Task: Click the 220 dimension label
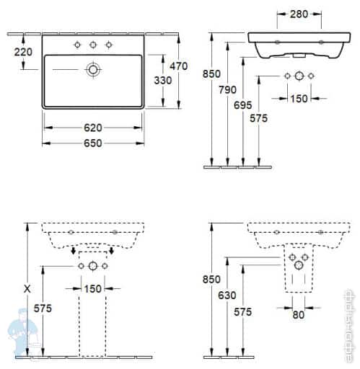(24, 52)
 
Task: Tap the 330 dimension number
(162, 80)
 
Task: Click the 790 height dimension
(229, 90)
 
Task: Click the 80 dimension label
(299, 315)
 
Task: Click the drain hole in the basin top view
(93, 70)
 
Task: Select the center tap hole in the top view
(93, 45)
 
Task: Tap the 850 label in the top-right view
(212, 74)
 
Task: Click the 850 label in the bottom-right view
(212, 279)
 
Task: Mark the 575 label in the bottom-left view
(44, 308)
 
